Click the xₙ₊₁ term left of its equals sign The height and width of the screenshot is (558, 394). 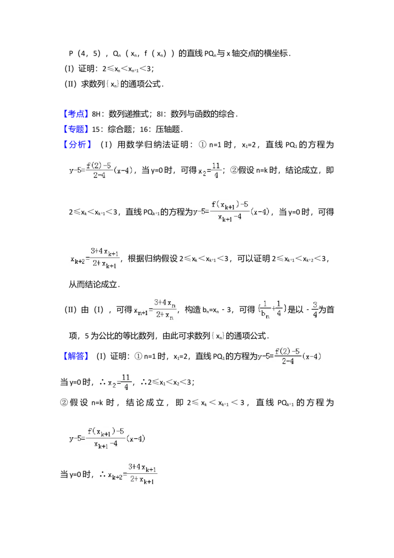click(140, 311)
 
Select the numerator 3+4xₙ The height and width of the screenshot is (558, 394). click(165, 302)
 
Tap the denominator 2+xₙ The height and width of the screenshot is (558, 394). click(165, 316)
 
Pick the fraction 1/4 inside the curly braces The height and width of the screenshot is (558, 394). click(278, 309)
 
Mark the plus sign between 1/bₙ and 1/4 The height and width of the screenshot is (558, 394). click(272, 309)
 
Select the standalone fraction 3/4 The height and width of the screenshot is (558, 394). click(315, 309)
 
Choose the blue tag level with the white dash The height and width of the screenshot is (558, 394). click(76, 113)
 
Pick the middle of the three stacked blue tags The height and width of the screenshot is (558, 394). click(76, 129)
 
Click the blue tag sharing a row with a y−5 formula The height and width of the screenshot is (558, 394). click(76, 356)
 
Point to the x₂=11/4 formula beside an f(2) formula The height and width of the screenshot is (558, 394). click(209, 170)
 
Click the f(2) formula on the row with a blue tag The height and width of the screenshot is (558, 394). click(290, 357)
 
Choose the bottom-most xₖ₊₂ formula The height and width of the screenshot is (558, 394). click(130, 475)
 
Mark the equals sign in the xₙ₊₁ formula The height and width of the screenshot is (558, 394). click(150, 310)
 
